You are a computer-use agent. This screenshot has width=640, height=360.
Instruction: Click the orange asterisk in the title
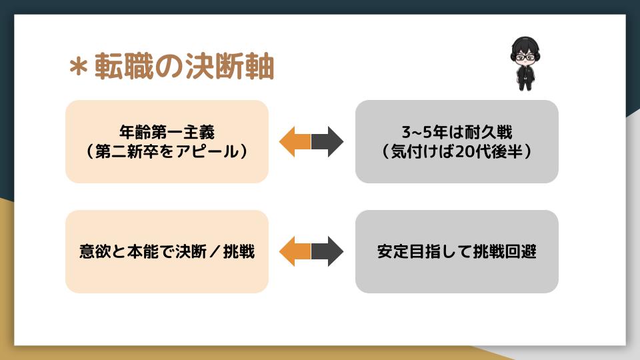pos(80,67)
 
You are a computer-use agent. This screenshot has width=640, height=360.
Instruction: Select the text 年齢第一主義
pos(167,131)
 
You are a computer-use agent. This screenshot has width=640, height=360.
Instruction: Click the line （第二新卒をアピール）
pos(167,151)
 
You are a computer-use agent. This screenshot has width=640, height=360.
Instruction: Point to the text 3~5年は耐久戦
pos(457,131)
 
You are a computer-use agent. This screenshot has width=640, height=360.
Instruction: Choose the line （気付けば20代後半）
pos(457,151)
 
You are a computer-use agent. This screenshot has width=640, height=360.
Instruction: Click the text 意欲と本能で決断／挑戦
pos(167,252)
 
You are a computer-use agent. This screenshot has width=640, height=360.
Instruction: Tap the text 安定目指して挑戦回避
pos(457,252)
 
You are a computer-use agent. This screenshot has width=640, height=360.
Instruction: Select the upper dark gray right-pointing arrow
pos(328,141)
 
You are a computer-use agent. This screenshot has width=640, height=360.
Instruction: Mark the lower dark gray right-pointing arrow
pos(328,251)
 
